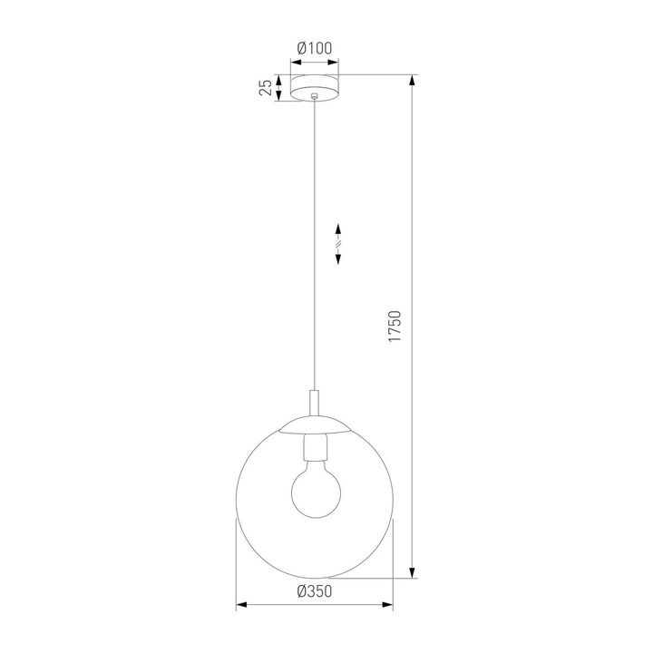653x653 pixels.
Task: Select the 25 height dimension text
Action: tap(265, 87)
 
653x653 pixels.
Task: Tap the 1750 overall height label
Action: tap(395, 327)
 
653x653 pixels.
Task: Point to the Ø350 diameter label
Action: tap(314, 590)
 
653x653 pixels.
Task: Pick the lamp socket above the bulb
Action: tap(314, 448)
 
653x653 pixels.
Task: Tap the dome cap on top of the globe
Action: tap(314, 429)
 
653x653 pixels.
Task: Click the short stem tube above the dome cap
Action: tap(314, 404)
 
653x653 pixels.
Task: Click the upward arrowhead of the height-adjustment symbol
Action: tap(338, 228)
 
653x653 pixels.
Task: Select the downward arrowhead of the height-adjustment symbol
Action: tap(338, 258)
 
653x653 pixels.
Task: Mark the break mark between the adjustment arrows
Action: tap(338, 243)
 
